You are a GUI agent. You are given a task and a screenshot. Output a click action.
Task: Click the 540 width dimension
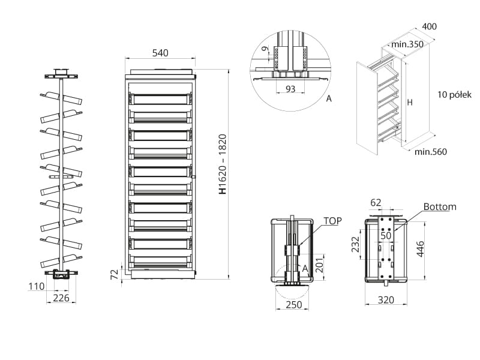(x=160, y=53)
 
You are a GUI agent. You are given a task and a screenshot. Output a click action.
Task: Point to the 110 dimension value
(x=36, y=287)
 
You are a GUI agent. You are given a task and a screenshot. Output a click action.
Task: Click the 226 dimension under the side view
(x=61, y=298)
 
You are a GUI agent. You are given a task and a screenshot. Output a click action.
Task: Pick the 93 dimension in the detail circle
(x=290, y=89)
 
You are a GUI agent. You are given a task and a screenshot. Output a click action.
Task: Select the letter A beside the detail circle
(x=328, y=99)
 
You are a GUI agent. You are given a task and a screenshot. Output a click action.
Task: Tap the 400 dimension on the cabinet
(x=429, y=26)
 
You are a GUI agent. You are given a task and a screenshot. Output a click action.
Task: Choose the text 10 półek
(x=454, y=95)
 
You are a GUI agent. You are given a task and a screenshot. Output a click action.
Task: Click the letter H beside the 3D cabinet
(x=410, y=103)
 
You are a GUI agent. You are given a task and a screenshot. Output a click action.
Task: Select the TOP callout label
(x=332, y=221)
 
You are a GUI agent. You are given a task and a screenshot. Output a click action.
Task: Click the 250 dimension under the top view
(x=292, y=305)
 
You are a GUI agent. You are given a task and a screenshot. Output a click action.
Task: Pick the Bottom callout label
(x=440, y=206)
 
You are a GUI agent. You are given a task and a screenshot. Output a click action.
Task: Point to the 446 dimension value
(x=421, y=247)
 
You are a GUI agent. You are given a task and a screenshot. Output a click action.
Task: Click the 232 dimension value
(x=356, y=244)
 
